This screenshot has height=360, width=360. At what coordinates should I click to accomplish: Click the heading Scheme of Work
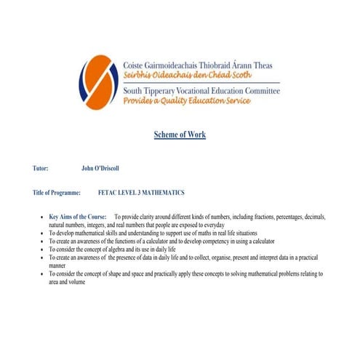pyautogui.click(x=180, y=135)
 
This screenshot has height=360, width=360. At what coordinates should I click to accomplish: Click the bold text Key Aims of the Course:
pyautogui.click(x=78, y=217)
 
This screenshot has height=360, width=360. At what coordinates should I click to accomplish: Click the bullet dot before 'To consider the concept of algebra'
pyautogui.click(x=41, y=249)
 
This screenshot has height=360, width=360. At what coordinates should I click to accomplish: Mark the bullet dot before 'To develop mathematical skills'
pyautogui.click(x=41, y=233)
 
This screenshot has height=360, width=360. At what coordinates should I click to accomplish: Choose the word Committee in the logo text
pyautogui.click(x=259, y=90)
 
